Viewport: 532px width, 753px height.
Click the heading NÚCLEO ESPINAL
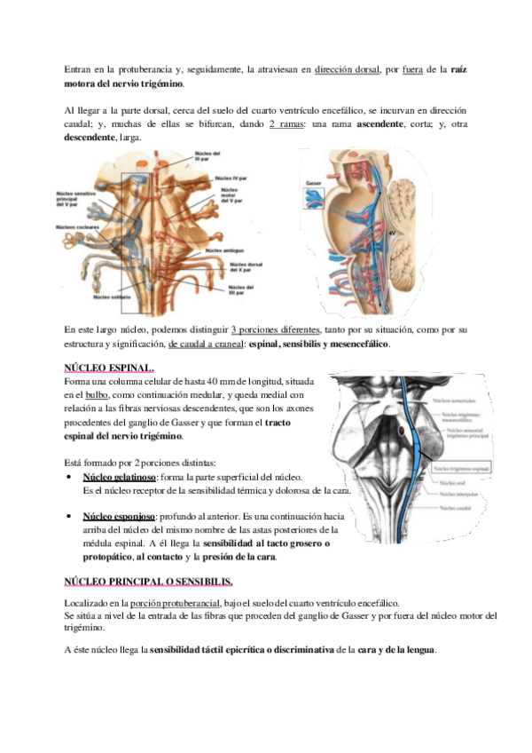[x=109, y=369]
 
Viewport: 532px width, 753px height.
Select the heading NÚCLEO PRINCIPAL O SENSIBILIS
[x=149, y=582]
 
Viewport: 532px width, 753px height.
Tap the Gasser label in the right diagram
[x=313, y=181]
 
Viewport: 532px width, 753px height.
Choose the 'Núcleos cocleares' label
[x=75, y=227]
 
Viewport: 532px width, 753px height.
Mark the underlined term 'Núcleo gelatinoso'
[x=113, y=477]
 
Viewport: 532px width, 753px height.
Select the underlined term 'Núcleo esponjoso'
[x=113, y=516]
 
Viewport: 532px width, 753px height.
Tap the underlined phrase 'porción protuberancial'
[x=178, y=602]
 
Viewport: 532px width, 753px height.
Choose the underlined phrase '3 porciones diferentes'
[x=274, y=329]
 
